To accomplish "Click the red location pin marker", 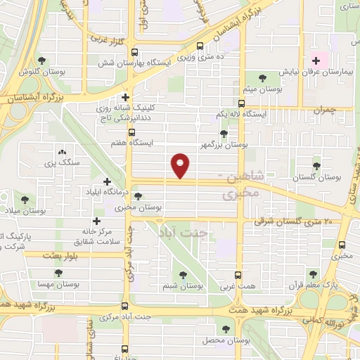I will pyautogui.click(x=181, y=165).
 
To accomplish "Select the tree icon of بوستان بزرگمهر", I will pyautogui.click(x=224, y=133).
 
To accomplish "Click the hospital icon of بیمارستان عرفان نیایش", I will pyautogui.click(x=315, y=60).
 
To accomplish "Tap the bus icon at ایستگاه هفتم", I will pyautogui.click(x=131, y=131).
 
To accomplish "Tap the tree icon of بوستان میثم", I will pyautogui.click(x=262, y=78).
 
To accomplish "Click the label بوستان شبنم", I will pyautogui.click(x=184, y=285).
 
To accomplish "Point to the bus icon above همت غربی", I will pyautogui.click(x=237, y=276).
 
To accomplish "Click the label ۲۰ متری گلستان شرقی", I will pyautogui.click(x=288, y=221).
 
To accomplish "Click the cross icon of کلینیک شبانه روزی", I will pyautogui.click(x=126, y=98).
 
